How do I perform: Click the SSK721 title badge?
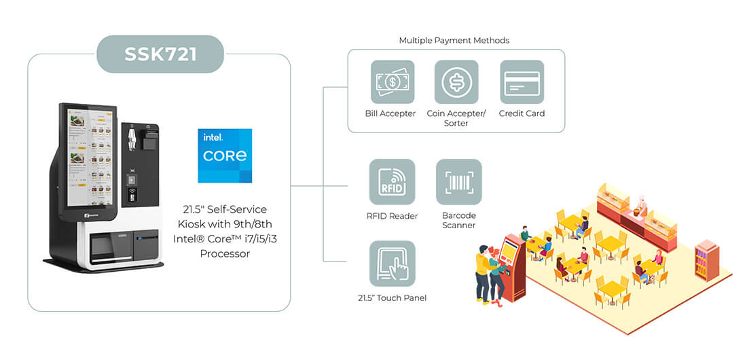pyautogui.click(x=160, y=54)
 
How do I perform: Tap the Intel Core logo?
pyautogui.click(x=225, y=156)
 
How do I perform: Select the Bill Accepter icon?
pyautogui.click(x=393, y=82)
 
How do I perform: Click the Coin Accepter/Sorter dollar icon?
pyautogui.click(x=456, y=82)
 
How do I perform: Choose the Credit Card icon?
pyautogui.click(x=522, y=82)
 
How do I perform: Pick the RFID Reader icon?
pyautogui.click(x=392, y=181)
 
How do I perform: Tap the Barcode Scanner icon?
pyautogui.click(x=459, y=181)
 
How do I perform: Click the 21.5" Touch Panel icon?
pyautogui.click(x=392, y=264)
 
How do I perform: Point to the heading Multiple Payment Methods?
pyautogui.click(x=454, y=41)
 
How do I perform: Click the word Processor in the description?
pyautogui.click(x=225, y=253)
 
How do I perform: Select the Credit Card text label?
pyautogui.click(x=522, y=113)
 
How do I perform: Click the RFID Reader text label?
pyautogui.click(x=392, y=216)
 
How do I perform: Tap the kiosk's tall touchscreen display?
pyautogui.click(x=89, y=156)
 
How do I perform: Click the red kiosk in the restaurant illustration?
pyautogui.click(x=511, y=267)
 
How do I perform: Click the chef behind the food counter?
pyautogui.click(x=642, y=206)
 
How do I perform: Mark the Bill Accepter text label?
pyautogui.click(x=390, y=113)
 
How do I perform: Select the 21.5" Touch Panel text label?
pyautogui.click(x=392, y=298)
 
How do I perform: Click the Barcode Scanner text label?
pyautogui.click(x=459, y=220)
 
